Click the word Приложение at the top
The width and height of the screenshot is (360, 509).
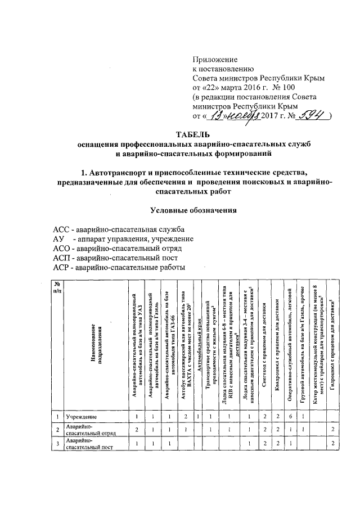[x=215, y=59]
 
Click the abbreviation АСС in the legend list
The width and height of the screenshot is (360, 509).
[x=62, y=230]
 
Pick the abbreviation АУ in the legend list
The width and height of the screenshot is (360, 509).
[x=58, y=240]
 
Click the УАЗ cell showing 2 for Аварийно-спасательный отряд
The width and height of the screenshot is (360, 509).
[x=137, y=430]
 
